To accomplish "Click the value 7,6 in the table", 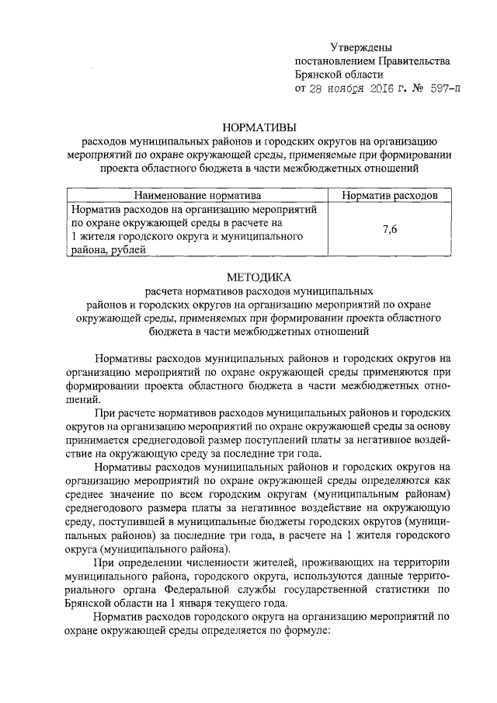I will tap(390, 228).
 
